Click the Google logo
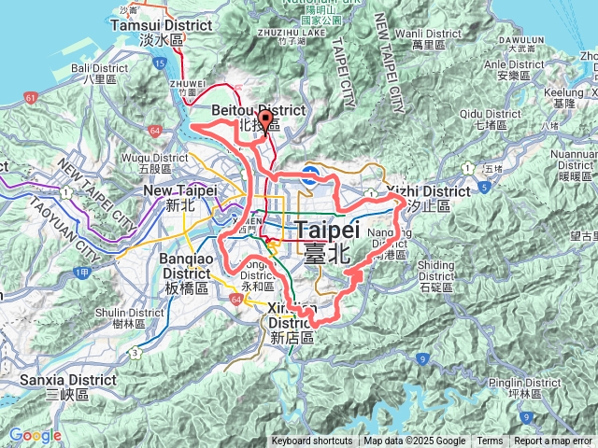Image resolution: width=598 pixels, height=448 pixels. click(x=35, y=435)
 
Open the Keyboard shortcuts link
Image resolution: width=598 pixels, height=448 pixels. click(x=312, y=441)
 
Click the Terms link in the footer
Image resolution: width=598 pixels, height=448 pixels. click(x=489, y=441)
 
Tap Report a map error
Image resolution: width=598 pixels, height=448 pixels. click(x=553, y=441)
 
